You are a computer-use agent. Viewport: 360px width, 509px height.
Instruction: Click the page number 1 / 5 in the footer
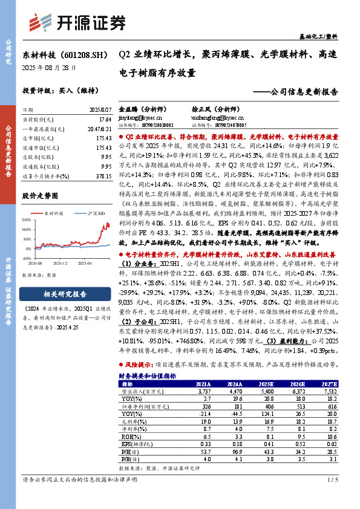[x=332, y=497]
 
